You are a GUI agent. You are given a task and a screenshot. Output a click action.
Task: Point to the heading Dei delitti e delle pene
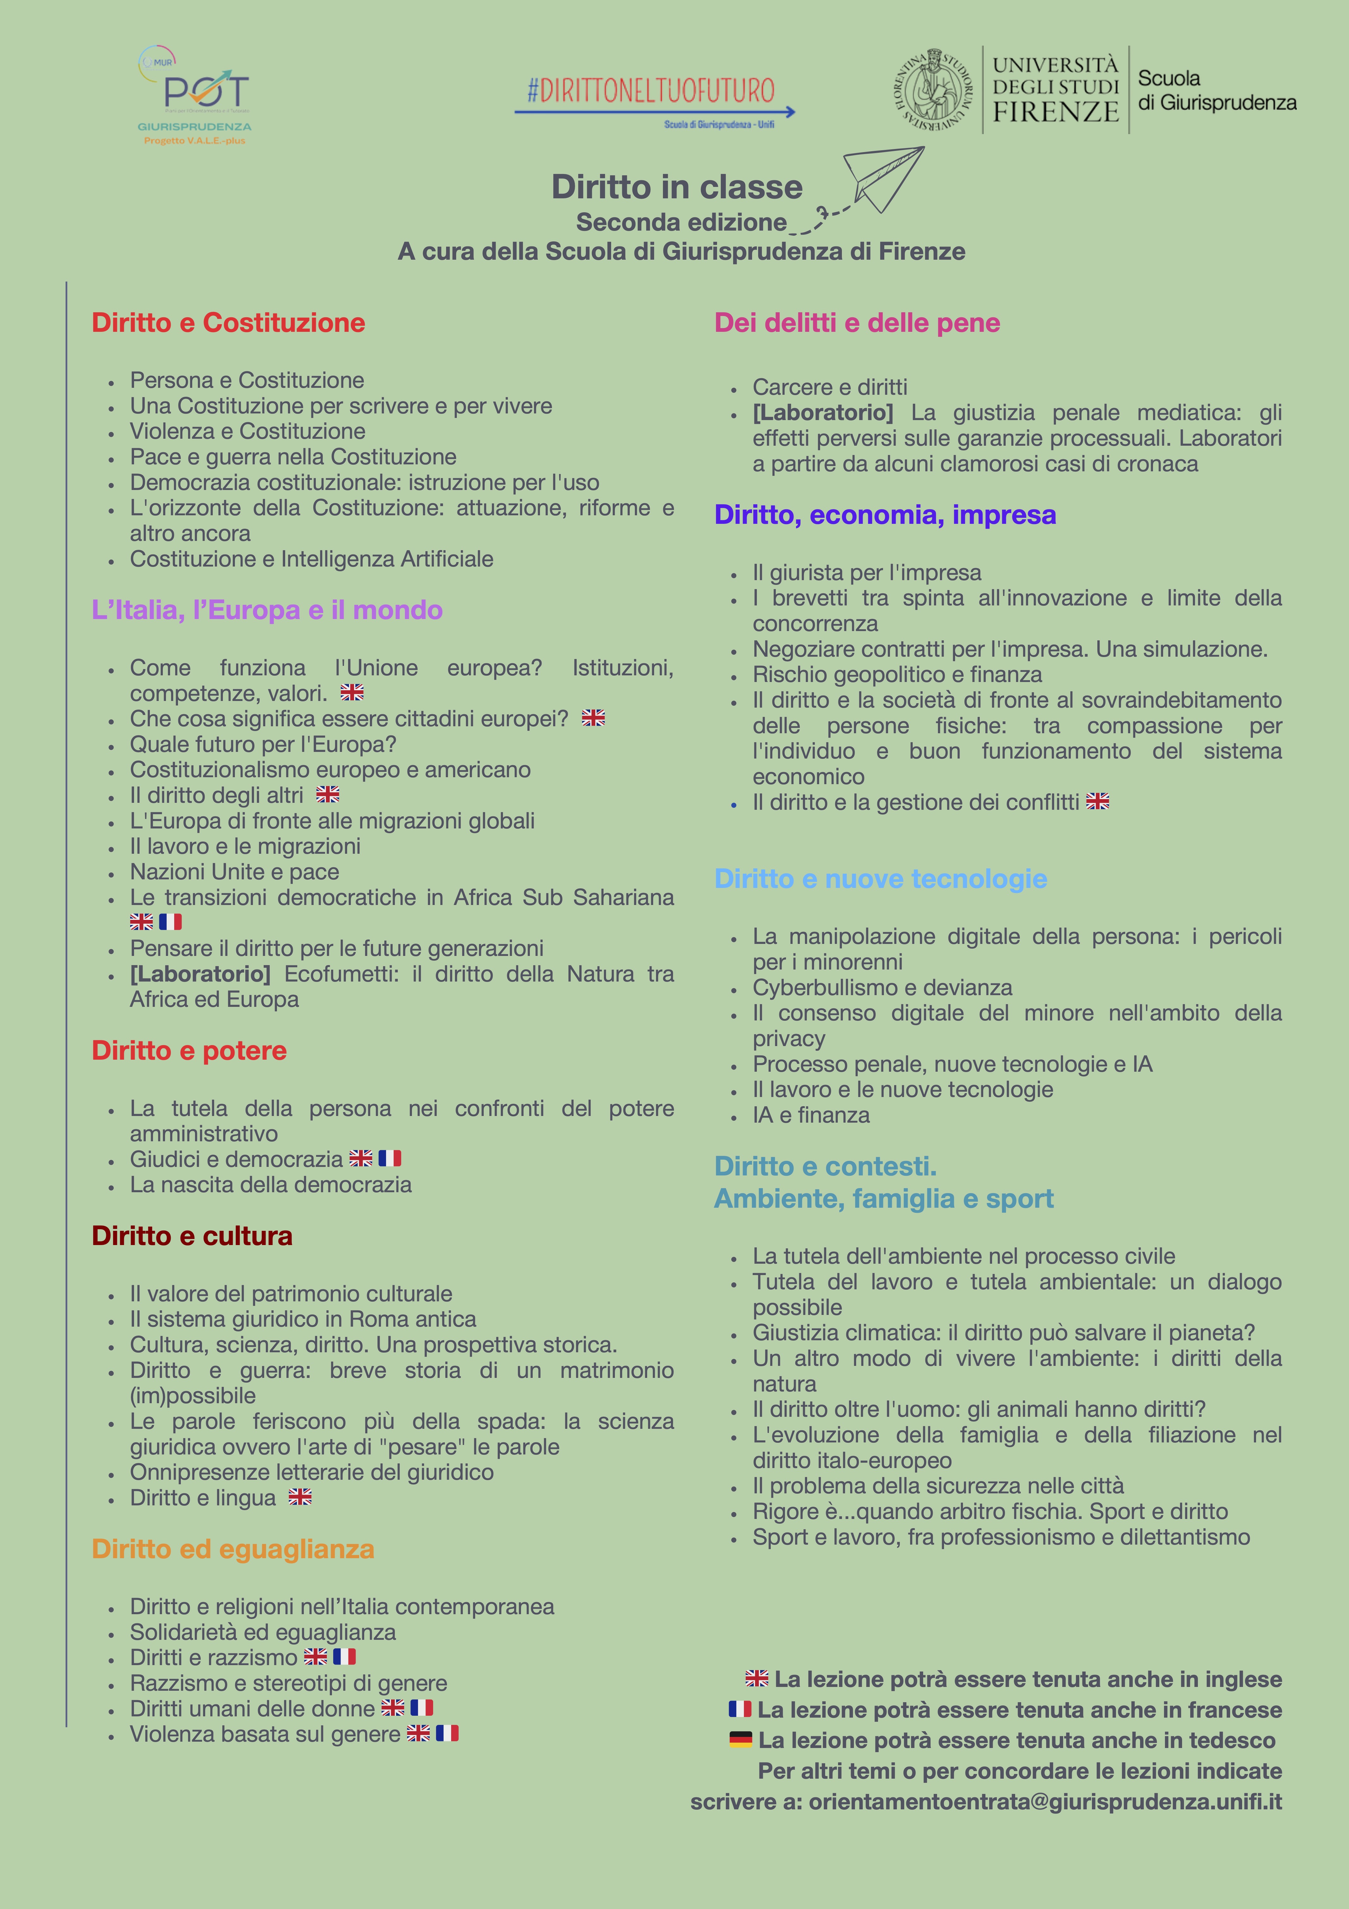(857, 323)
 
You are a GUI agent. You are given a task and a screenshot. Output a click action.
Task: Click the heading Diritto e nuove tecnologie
(880, 879)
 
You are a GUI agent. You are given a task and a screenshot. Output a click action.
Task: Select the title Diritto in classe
(677, 187)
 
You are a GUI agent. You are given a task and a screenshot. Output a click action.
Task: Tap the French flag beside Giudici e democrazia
(390, 1158)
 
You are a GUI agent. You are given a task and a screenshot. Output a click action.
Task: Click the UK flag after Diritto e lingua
(300, 1497)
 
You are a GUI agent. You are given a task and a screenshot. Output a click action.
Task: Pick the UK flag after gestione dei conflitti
(1097, 802)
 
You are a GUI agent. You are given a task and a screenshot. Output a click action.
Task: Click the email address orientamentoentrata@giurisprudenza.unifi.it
(1045, 1802)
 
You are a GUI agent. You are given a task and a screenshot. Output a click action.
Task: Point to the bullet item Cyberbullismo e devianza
(882, 988)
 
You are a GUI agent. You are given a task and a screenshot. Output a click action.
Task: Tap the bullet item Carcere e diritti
(830, 387)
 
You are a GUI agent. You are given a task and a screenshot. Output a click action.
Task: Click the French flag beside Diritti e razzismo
(344, 1657)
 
